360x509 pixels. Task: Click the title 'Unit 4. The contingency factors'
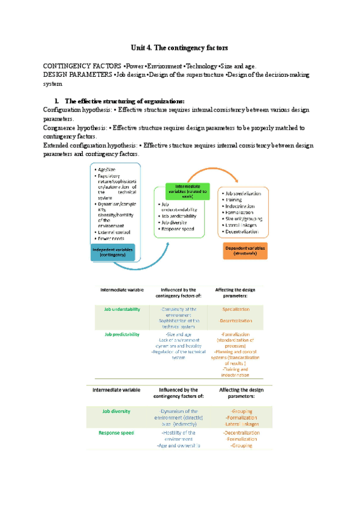coord(179,47)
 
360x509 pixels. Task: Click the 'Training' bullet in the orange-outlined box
coord(236,200)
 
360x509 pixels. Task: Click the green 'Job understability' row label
coord(122,309)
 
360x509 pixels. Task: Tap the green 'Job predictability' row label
coord(122,334)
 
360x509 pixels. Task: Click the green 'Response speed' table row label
coord(119,432)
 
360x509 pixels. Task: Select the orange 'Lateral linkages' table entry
coord(241,424)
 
